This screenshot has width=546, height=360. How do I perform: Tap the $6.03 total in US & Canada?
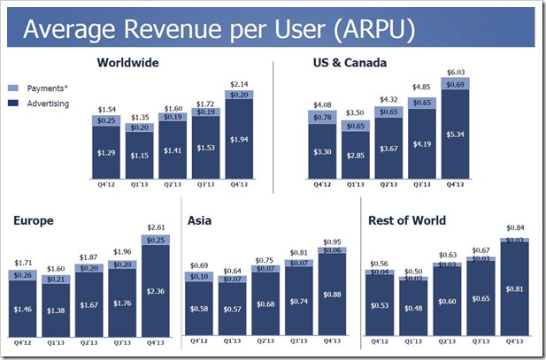[455, 73]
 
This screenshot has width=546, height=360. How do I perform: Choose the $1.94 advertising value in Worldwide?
[239, 140]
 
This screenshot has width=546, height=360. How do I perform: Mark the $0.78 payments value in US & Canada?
[321, 117]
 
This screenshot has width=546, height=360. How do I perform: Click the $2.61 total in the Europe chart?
[154, 227]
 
